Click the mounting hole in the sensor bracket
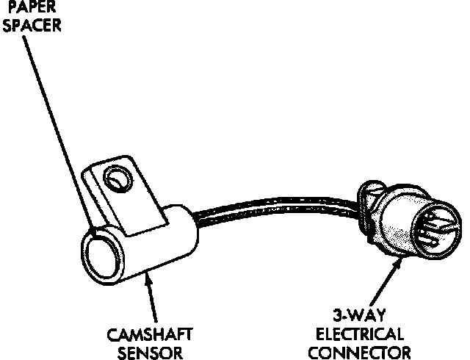(115, 177)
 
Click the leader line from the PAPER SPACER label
(59, 125)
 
